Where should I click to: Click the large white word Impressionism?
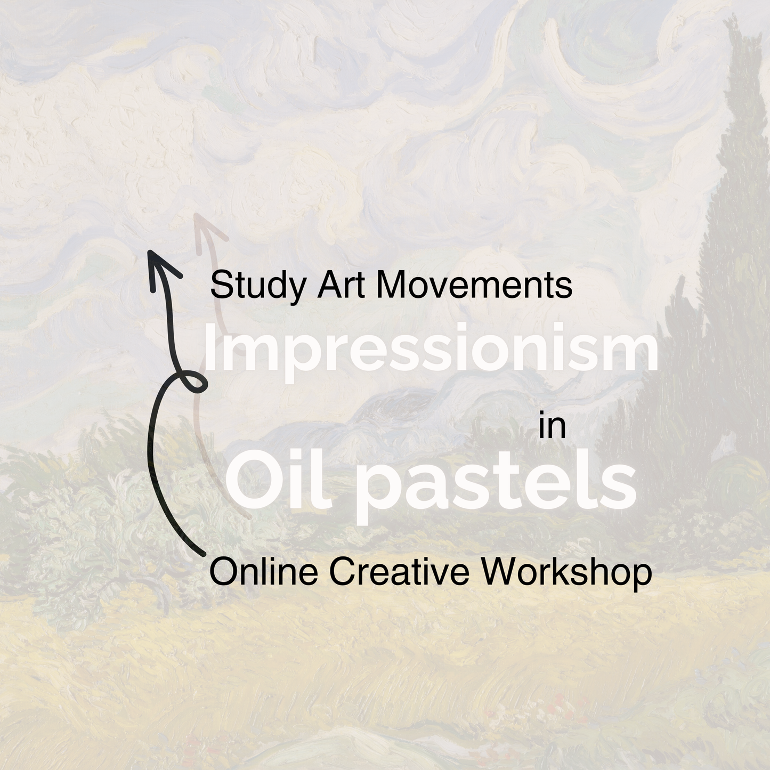(431, 348)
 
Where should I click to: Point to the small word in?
(552, 427)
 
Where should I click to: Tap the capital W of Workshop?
(499, 572)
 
